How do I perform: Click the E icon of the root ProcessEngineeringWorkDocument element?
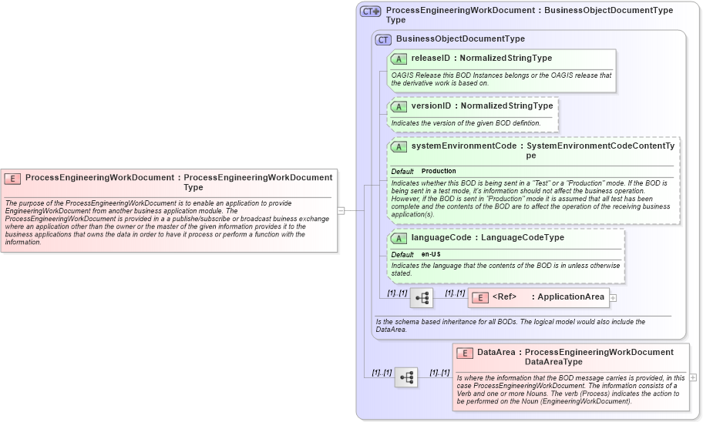12,178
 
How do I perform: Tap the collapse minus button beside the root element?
341,209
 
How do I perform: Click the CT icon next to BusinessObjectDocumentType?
383,39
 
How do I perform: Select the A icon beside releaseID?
399,59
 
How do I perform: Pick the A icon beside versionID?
399,106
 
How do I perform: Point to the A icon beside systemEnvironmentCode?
399,146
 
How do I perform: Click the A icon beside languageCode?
399,238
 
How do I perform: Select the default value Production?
439,171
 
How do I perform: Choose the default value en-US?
431,255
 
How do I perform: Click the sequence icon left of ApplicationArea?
422,297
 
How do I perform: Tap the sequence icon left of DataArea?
406,377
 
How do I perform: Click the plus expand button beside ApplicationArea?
614,297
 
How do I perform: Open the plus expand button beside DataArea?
693,377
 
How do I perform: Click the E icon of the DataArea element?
464,353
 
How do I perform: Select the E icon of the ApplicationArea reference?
479,297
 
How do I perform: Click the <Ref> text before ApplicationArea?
504,297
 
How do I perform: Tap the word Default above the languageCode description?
402,255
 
